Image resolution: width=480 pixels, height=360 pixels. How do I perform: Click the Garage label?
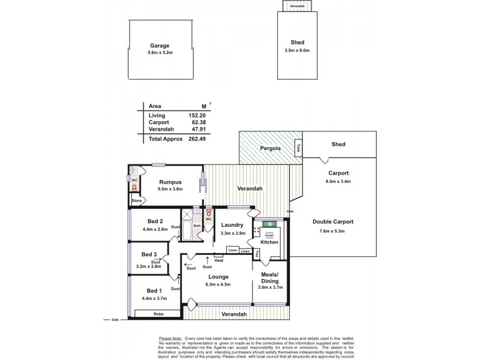click(x=160, y=46)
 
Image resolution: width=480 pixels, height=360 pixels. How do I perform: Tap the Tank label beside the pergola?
click(x=298, y=146)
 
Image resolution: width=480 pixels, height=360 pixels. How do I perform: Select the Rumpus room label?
click(x=170, y=181)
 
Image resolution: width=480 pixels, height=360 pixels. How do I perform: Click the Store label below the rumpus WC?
click(x=136, y=200)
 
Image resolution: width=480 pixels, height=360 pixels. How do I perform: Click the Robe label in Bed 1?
click(x=158, y=313)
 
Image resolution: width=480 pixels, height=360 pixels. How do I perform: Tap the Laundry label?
click(x=231, y=225)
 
